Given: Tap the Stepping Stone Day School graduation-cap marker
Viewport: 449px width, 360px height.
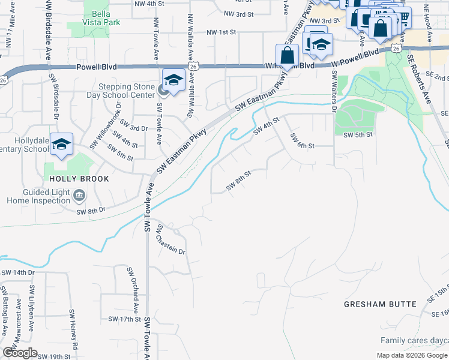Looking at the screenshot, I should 173,80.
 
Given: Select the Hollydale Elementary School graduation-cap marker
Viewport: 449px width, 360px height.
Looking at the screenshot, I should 61,145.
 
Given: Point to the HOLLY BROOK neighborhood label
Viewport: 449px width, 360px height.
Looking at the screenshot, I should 80,179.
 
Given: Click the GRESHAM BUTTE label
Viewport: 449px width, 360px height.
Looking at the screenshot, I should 380,304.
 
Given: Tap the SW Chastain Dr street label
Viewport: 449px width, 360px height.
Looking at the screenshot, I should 170,239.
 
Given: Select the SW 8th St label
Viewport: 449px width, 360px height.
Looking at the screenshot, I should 238,179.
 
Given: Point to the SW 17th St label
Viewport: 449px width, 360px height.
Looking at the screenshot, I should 124,319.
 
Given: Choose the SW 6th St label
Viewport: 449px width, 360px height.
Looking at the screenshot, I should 303,142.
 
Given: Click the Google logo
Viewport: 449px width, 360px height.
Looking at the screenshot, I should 20,353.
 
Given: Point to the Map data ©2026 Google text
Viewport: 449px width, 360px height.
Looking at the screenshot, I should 410,355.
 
